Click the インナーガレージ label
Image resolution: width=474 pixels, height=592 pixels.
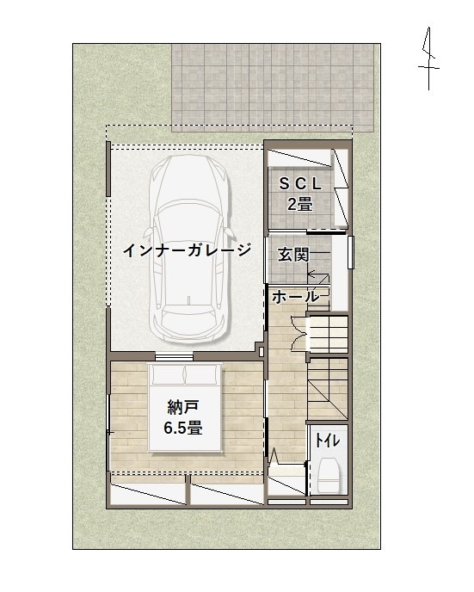(188, 250)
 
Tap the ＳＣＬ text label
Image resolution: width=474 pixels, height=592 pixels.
(300, 184)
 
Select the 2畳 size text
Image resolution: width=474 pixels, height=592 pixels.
(300, 204)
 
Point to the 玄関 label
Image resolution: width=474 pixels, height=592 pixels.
(293, 255)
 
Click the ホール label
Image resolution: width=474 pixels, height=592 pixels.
(295, 297)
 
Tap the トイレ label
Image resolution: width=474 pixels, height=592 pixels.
(328, 441)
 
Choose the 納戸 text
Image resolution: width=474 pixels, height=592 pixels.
(183, 407)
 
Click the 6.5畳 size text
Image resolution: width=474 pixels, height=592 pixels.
(183, 429)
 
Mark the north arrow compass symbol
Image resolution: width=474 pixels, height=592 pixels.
(428, 59)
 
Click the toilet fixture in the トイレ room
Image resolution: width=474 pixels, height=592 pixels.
(328, 475)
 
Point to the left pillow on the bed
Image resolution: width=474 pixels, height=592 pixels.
(169, 373)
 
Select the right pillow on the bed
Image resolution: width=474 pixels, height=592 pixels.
(201, 373)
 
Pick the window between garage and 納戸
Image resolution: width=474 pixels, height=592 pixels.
(174, 356)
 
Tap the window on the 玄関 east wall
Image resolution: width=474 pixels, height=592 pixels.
(351, 252)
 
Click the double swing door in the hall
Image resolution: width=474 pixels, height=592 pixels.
(300, 333)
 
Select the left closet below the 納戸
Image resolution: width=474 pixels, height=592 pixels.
(148, 494)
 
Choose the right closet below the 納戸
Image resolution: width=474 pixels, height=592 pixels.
(227, 494)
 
